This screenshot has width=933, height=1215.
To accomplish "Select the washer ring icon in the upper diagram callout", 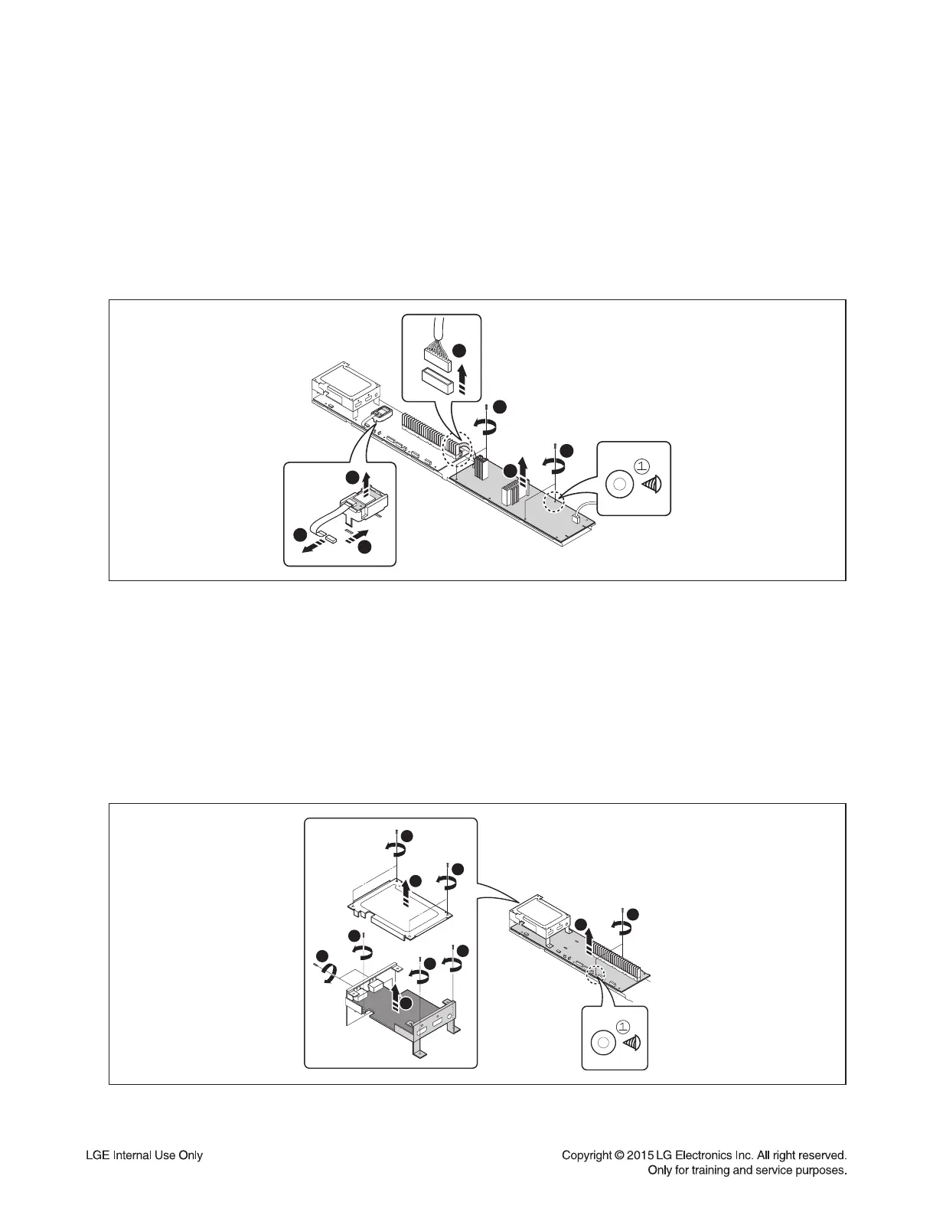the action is coord(618,484).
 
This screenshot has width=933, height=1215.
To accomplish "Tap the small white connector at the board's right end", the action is coord(574,519).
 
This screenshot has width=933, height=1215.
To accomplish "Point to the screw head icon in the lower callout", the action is coord(630,1042).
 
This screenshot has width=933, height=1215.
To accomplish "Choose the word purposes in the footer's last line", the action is coord(820,1171).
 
